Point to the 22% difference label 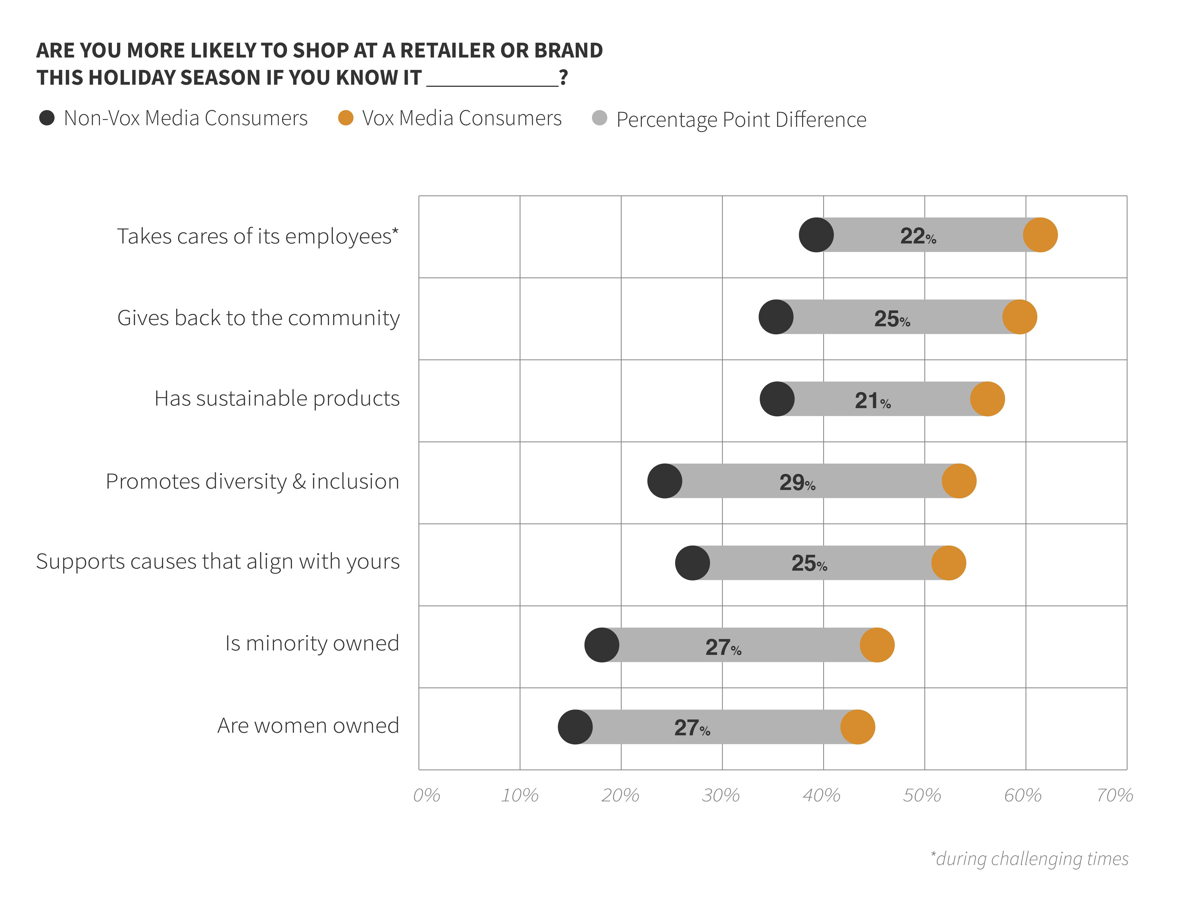click(918, 236)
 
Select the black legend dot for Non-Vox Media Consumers click(47, 118)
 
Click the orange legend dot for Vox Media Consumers click(345, 118)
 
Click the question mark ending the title click(563, 77)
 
